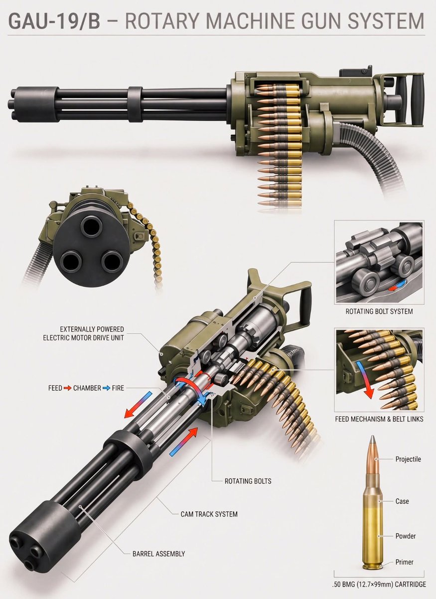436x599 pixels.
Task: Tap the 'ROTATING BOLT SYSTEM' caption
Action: [x=379, y=311]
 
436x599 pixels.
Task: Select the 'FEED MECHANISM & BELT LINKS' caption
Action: [x=379, y=419]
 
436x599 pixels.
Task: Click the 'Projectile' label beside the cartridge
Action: [x=408, y=459]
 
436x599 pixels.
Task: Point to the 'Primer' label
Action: [x=404, y=562]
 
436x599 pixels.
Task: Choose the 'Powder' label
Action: [x=405, y=536]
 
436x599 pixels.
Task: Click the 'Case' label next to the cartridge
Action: [x=402, y=500]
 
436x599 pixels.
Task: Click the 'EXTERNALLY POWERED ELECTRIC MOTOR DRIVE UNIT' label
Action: [x=92, y=334]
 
